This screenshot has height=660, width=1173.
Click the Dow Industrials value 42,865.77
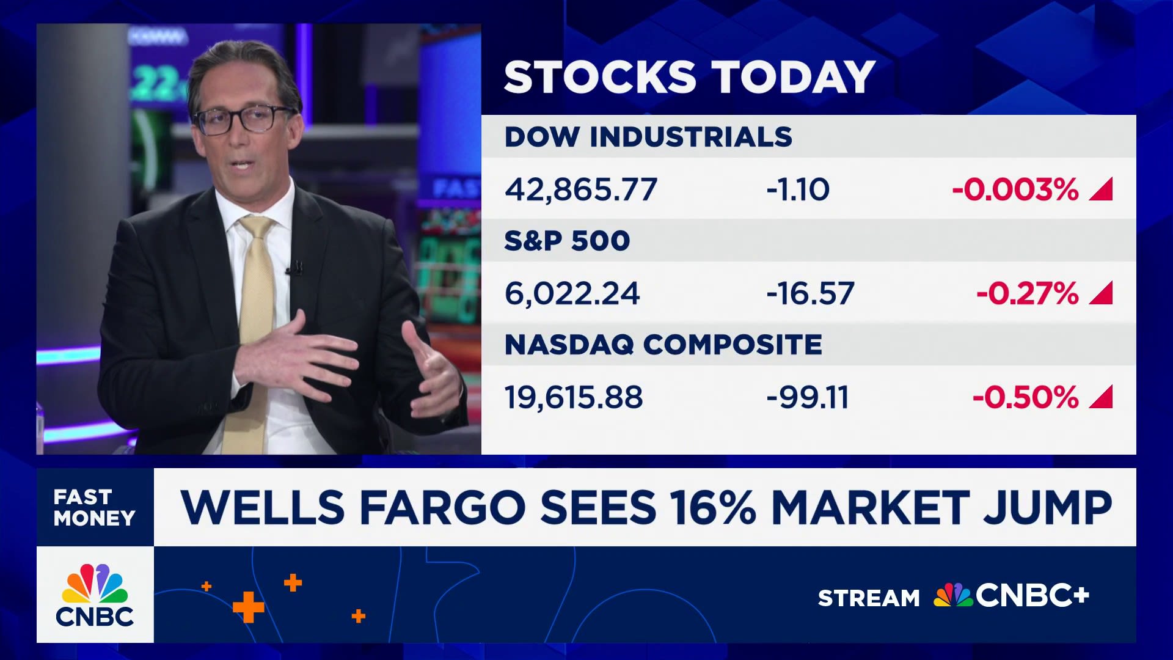coord(581,189)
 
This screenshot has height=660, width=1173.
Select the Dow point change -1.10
coord(798,189)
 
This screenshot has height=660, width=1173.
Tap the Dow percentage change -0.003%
coord(1015,189)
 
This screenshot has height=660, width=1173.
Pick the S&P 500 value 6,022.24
coord(572,293)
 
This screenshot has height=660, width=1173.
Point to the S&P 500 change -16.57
coord(810,293)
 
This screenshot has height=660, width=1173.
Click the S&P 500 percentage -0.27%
coord(1028,293)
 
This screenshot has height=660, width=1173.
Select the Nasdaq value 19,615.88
coord(574,397)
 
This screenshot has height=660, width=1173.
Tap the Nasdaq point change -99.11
coord(808,397)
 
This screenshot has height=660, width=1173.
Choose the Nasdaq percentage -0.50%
coord(1026,397)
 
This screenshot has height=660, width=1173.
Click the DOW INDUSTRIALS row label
coord(648,136)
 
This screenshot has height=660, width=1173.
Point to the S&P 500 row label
coord(567,241)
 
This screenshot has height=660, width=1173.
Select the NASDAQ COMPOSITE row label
coord(663,345)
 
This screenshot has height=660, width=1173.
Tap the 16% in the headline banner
coord(713,507)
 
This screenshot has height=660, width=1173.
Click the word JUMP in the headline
coord(1047,507)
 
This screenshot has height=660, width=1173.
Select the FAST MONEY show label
coord(94,507)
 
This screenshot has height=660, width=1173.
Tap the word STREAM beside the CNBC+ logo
coord(869,598)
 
